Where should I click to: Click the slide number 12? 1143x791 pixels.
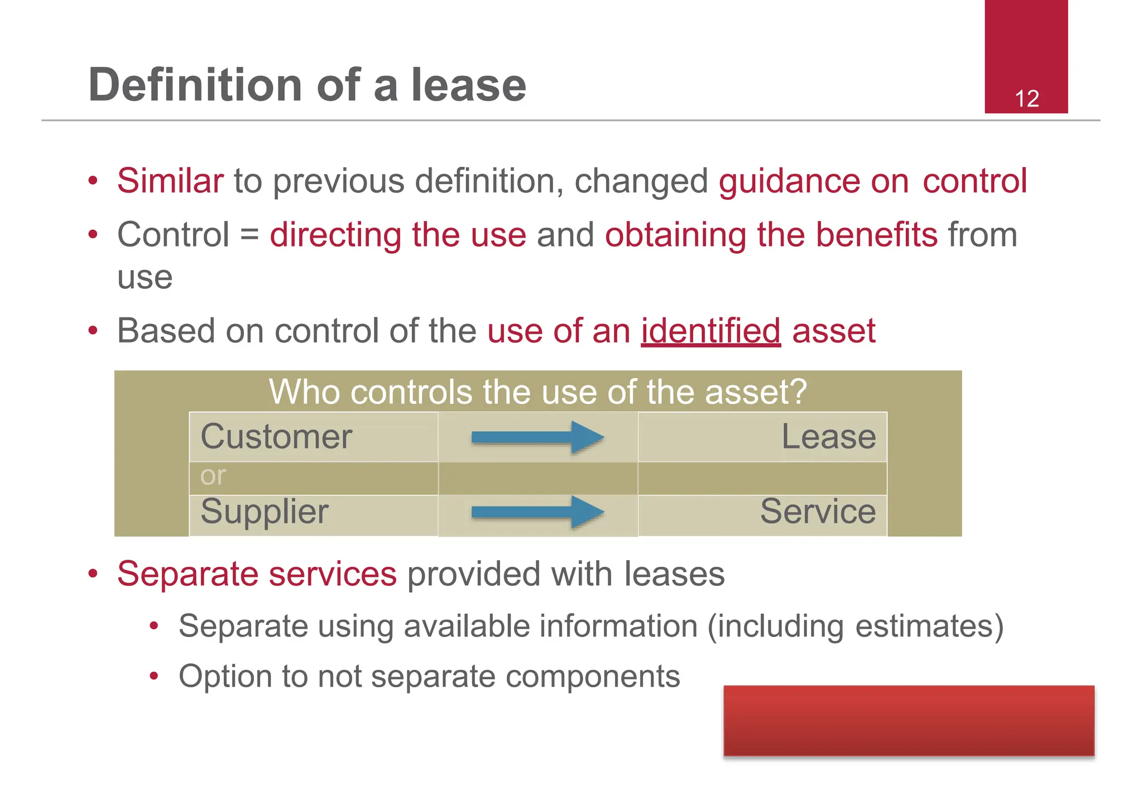1026,99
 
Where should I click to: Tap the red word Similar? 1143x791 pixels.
170,181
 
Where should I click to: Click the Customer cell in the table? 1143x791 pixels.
276,436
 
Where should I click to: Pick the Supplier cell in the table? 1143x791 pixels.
265,512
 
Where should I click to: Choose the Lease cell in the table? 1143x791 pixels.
828,436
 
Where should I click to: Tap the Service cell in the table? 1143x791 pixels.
818,512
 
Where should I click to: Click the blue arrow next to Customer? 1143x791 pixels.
537,437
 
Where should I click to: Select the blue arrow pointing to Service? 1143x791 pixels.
537,512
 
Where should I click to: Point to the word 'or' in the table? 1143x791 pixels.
213,476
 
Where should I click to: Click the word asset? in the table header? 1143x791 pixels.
756,392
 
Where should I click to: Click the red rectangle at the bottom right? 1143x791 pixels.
909,721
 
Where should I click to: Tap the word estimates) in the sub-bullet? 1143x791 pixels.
929,626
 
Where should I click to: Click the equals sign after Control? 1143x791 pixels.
249,235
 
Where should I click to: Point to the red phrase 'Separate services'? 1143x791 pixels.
257,573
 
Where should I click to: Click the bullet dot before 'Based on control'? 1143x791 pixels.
93,331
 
